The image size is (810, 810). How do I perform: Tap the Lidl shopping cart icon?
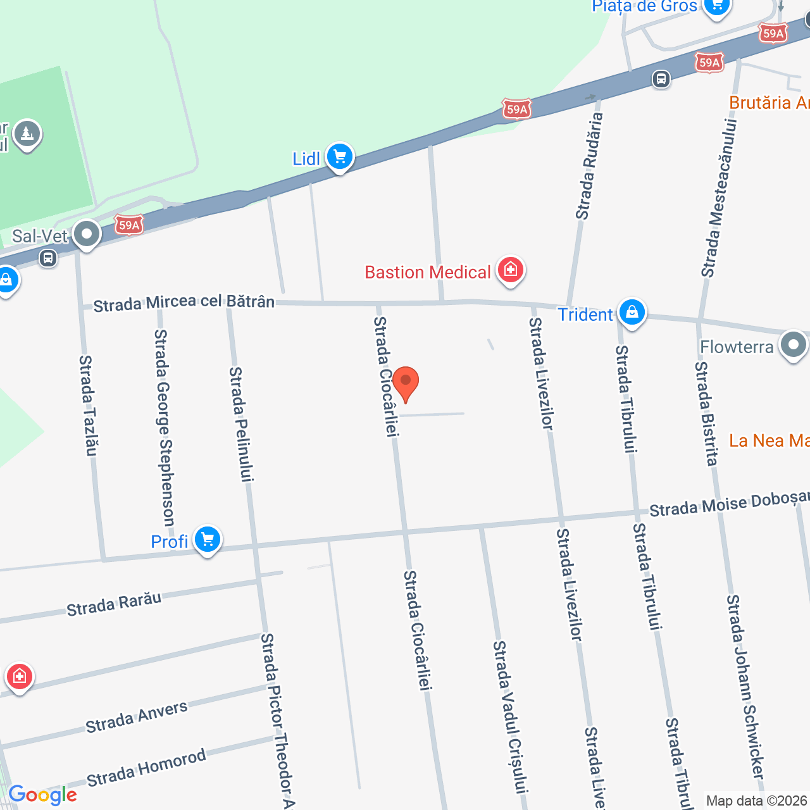coord(340,156)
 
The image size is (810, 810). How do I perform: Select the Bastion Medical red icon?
coord(510,270)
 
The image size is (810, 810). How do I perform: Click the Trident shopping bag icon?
coord(632,312)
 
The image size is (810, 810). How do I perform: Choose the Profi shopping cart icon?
coord(208,540)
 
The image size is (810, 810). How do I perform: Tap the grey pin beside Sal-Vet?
coord(87,235)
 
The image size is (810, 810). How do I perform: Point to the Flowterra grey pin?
coord(794,345)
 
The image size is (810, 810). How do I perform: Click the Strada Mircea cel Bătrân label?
coord(184,303)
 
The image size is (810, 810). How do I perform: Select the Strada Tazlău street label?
coord(89,405)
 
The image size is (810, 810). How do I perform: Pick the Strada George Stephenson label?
coord(164,428)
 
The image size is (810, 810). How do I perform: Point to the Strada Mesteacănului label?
coord(720,197)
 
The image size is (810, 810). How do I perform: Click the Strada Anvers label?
coord(137,717)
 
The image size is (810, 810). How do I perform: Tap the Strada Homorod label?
coord(146,767)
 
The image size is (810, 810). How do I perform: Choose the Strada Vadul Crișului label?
coord(510,716)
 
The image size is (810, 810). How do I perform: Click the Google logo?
coord(43,795)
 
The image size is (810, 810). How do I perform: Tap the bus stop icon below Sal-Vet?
coord(48,258)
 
